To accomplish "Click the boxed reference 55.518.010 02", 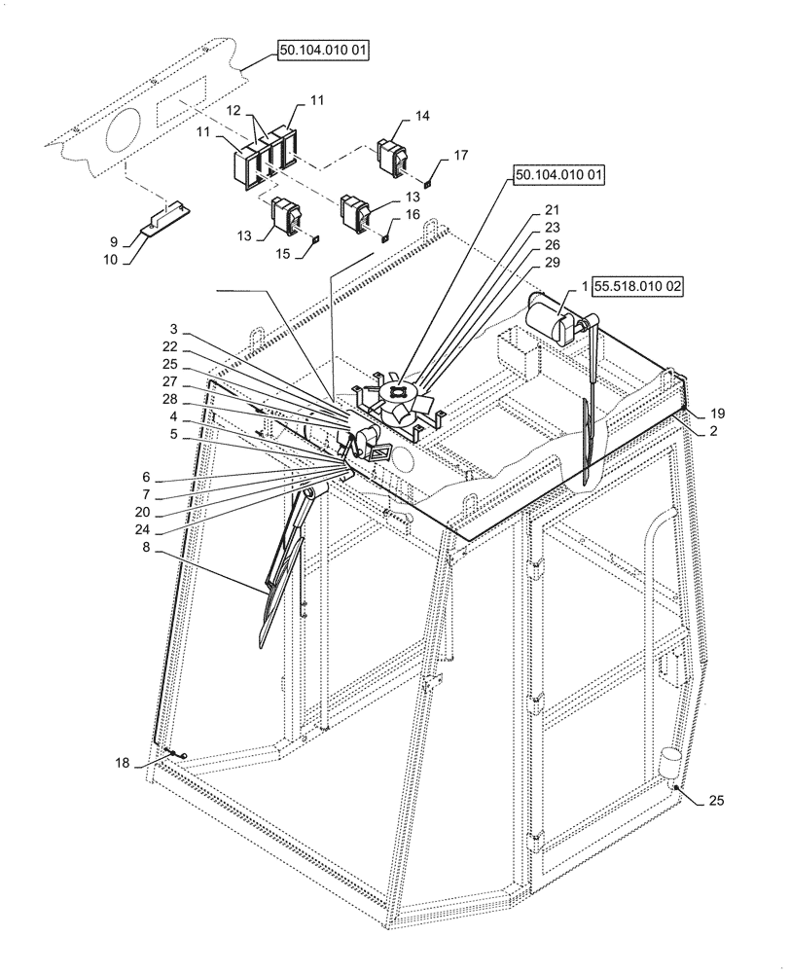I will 635,288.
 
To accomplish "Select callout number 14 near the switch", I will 421,116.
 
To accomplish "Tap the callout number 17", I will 460,155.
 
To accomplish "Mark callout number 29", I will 552,265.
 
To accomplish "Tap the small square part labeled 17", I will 429,181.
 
